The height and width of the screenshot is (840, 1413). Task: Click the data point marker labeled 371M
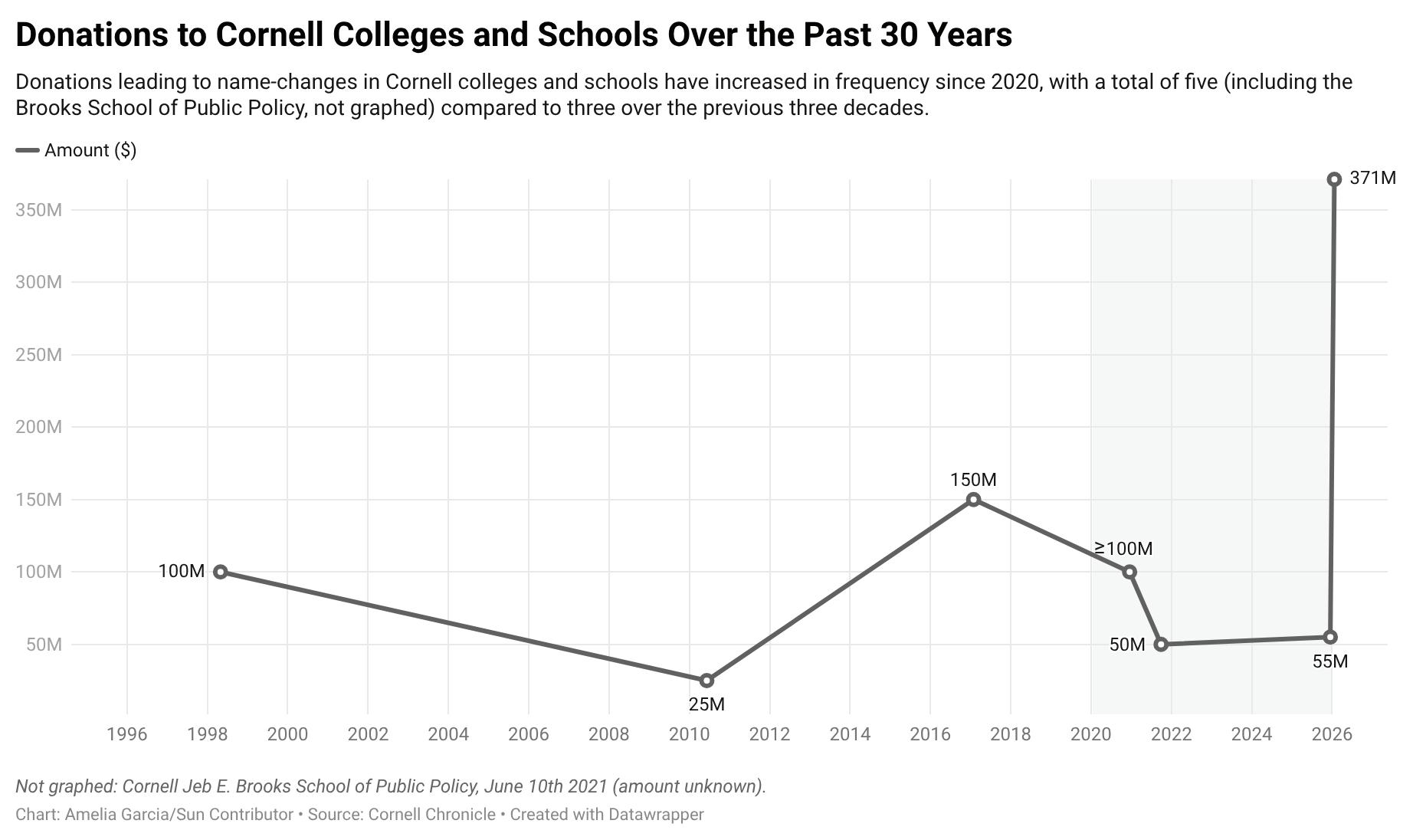(1334, 179)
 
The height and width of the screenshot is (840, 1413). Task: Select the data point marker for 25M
(706, 681)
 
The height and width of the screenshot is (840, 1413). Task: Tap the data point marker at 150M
(973, 500)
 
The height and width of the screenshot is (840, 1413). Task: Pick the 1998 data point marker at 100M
(221, 572)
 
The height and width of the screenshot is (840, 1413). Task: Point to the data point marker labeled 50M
(1161, 645)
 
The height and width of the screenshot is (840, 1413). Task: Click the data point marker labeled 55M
(1330, 637)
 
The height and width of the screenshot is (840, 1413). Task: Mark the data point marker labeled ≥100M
(1129, 572)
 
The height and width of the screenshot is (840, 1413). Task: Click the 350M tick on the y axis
(38, 210)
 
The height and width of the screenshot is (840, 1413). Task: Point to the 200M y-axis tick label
(38, 427)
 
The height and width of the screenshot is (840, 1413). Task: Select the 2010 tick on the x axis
(690, 734)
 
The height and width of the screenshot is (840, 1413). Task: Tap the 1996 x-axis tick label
(127, 734)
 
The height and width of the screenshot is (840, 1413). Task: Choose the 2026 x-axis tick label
(1332, 734)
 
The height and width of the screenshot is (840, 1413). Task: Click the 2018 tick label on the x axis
(1011, 734)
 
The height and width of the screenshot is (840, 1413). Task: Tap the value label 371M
(1372, 179)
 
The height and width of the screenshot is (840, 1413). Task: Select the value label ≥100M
(1123, 549)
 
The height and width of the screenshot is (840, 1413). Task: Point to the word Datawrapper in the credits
(656, 815)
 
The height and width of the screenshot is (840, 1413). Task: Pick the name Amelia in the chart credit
(91, 815)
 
